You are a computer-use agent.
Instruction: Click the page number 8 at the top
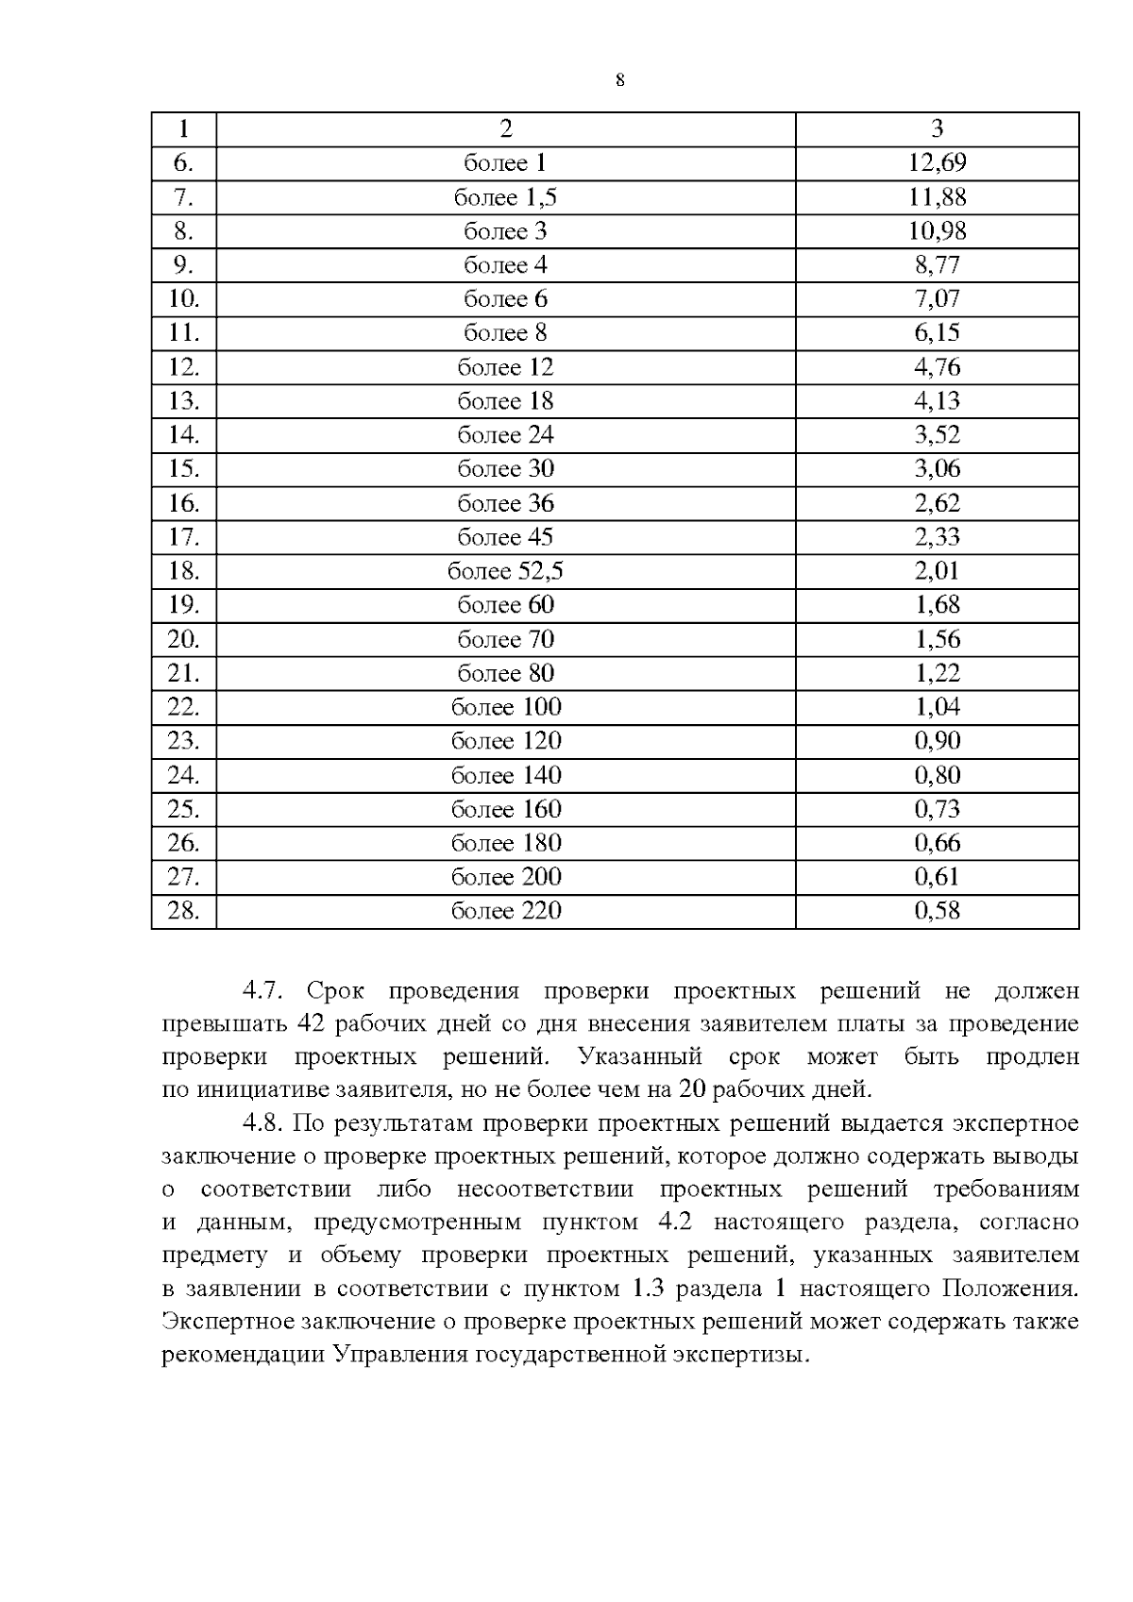619,80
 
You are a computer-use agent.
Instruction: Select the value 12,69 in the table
937,163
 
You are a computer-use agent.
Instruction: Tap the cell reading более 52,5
505,571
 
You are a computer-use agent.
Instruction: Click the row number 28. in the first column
183,911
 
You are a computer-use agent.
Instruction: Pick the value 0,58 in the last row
937,911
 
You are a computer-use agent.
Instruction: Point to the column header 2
505,129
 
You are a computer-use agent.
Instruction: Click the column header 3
937,129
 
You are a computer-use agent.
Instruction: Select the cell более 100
505,707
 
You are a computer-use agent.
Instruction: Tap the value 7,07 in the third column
937,299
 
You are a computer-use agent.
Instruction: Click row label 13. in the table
183,401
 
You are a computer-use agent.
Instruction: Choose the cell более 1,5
505,197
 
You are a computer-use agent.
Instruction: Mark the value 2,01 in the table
937,571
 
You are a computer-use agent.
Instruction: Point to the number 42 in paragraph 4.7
312,1024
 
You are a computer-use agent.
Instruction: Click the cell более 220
505,911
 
